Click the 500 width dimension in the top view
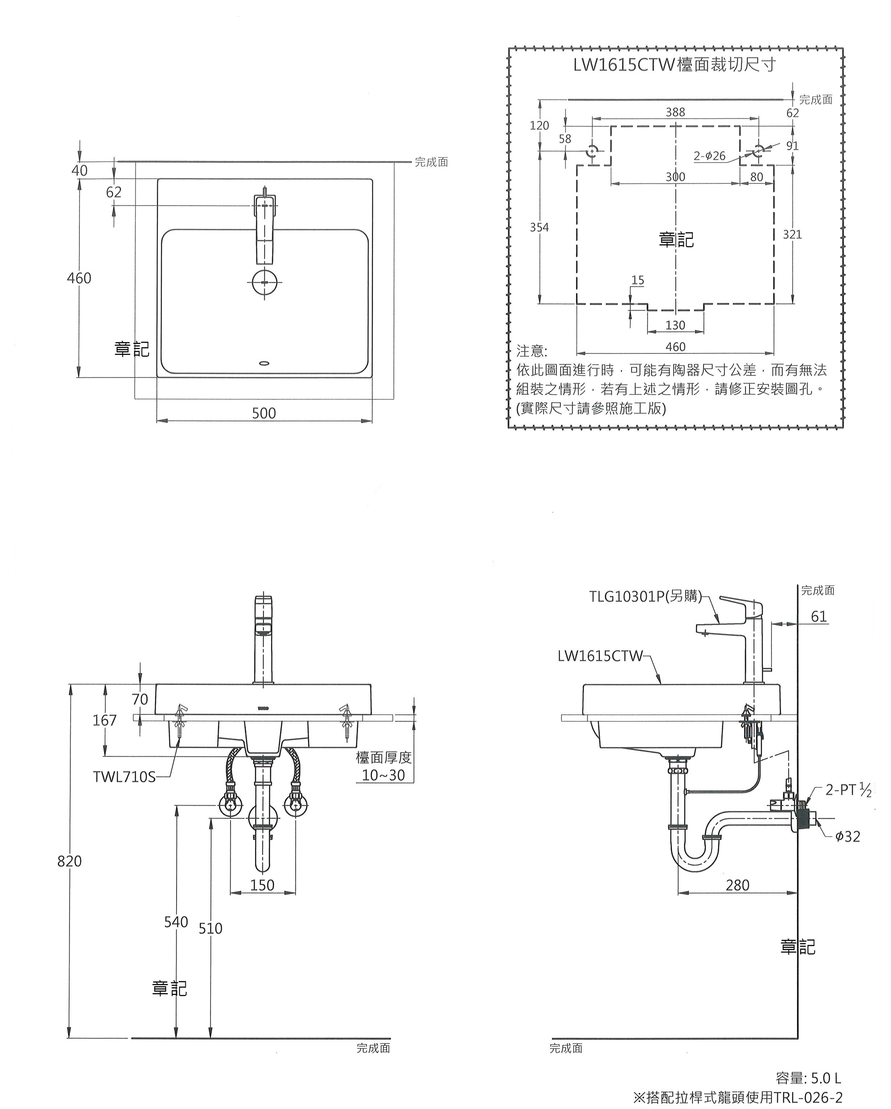[x=263, y=413]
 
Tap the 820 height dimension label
[x=69, y=860]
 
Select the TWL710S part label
[x=124, y=776]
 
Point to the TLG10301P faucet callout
[x=645, y=596]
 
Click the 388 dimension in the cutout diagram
[x=676, y=112]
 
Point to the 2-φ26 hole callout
[x=709, y=156]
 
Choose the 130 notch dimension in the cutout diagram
[x=675, y=325]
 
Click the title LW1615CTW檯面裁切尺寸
[x=674, y=65]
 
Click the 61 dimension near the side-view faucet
[x=818, y=616]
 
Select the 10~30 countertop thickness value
[x=383, y=775]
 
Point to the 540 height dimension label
[x=176, y=922]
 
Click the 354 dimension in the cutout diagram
[x=539, y=227]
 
